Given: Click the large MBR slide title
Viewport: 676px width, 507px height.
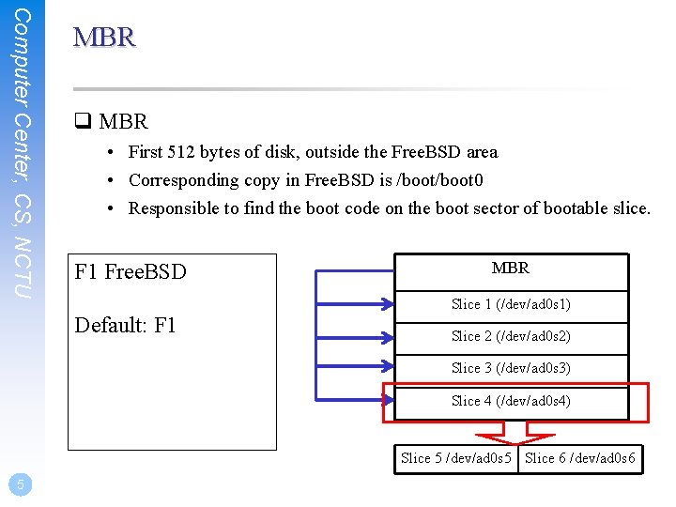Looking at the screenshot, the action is point(104,38).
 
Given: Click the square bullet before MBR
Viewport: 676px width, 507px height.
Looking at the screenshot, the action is point(81,122).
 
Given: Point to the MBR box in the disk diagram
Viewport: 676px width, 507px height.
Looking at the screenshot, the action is point(511,269).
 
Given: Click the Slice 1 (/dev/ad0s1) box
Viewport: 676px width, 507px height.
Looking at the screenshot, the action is point(511,304).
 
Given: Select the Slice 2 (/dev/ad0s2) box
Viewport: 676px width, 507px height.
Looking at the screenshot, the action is point(511,336).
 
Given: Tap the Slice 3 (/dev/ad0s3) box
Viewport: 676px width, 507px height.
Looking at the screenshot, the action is point(511,369).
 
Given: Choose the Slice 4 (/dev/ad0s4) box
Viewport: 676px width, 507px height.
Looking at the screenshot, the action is point(511,402).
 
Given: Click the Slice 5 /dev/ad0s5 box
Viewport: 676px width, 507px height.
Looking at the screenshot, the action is point(456,458).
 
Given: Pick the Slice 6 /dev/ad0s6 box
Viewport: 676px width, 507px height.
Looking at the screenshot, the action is point(580,458).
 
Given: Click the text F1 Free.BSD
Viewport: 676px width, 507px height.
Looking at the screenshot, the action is point(131,272).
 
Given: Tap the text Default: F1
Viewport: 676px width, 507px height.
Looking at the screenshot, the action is point(126,326).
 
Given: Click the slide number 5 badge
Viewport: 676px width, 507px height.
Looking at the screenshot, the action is point(20,484).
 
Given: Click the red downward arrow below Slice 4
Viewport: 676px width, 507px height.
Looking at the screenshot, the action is point(515,433).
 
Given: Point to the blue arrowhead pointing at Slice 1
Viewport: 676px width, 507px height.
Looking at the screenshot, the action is point(386,303).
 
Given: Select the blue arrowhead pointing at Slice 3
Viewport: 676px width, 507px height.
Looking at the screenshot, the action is point(386,368).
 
